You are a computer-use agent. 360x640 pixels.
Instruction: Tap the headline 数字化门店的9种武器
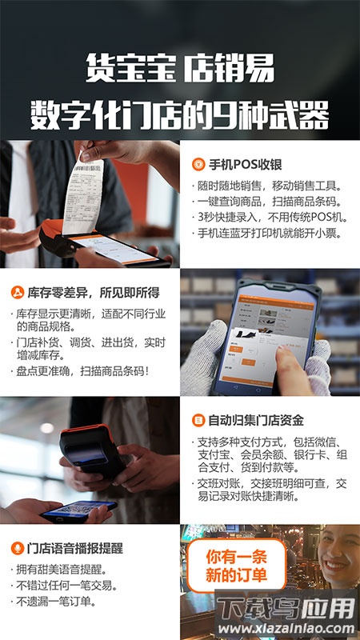tap(179, 114)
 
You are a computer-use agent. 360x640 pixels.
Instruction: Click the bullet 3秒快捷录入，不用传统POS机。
tap(268, 217)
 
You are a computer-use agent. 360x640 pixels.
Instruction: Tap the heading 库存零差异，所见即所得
tap(90, 292)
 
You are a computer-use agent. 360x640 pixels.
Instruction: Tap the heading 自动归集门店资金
tap(255, 420)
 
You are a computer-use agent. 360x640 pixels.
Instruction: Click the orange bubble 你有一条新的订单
tap(236, 565)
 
